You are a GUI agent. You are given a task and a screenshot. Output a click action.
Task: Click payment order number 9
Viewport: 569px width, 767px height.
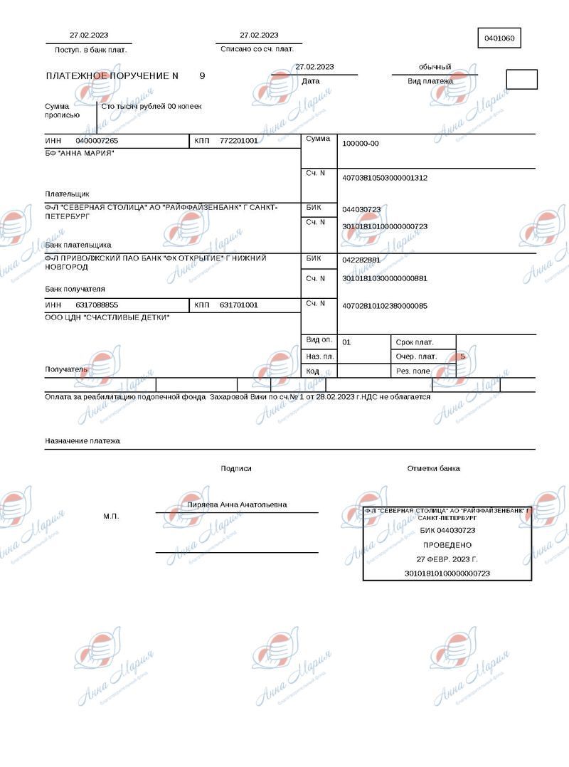point(202,75)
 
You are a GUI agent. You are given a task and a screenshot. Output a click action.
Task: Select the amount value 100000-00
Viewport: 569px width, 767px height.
point(361,144)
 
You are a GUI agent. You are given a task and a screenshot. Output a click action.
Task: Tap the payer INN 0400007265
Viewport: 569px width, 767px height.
point(97,141)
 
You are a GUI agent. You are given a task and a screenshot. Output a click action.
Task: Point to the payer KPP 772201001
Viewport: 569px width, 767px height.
point(238,141)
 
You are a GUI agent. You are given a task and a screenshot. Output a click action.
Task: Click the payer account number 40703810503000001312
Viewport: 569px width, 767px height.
point(385,178)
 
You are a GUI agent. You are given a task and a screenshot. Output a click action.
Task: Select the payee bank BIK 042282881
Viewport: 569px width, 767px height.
point(361,260)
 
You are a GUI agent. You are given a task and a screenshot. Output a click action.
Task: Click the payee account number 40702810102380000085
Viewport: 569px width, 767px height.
point(385,306)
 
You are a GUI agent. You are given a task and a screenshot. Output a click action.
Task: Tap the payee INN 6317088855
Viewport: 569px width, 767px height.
point(97,305)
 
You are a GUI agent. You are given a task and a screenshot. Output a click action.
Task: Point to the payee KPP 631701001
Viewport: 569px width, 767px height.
point(238,305)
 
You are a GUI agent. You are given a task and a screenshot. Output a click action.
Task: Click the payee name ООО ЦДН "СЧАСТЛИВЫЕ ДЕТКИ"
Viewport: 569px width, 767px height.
point(107,317)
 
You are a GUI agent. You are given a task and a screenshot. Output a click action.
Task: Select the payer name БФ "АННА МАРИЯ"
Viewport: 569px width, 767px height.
point(80,154)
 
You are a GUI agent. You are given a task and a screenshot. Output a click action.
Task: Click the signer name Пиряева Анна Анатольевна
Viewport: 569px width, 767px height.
point(237,504)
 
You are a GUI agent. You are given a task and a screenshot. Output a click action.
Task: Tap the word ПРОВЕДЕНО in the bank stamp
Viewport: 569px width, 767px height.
point(447,544)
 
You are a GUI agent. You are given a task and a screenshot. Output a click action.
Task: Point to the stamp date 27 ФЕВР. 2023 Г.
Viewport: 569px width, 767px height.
point(447,559)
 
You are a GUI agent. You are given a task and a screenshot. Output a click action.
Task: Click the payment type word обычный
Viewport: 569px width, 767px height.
point(435,67)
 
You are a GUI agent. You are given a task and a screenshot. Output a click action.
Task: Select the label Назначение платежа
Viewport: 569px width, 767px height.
point(83,441)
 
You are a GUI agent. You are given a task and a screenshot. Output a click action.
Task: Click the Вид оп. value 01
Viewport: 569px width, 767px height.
point(346,342)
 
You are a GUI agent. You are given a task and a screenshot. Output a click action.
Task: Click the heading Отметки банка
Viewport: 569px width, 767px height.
point(433,468)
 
